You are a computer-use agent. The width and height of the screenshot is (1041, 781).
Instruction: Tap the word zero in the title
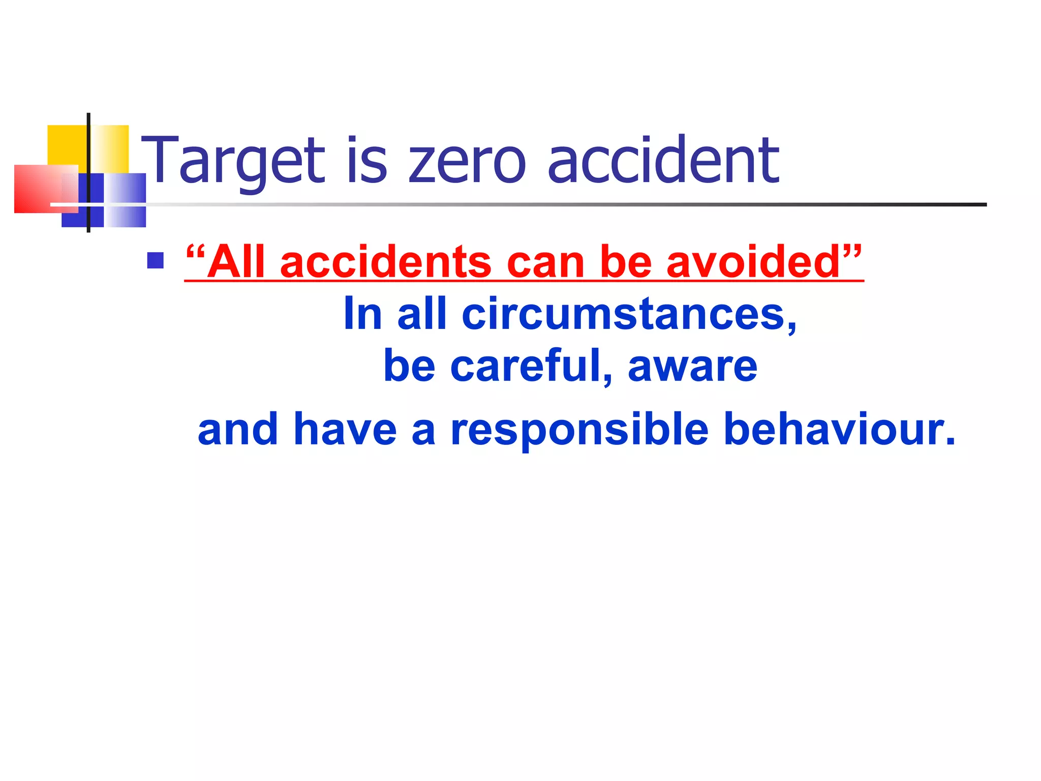pos(467,162)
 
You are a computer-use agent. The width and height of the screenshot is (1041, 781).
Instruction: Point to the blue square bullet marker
pos(155,260)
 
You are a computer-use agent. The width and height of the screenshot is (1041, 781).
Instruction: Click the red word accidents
pos(385,262)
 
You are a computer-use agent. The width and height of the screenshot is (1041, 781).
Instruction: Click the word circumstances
pos(629,314)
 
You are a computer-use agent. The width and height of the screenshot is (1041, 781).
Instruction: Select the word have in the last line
pos(345,430)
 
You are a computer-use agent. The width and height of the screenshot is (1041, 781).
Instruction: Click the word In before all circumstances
pos(362,314)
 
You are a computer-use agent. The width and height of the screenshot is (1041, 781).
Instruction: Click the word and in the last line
pos(238,430)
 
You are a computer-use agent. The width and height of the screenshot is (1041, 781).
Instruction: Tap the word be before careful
pos(409,366)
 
